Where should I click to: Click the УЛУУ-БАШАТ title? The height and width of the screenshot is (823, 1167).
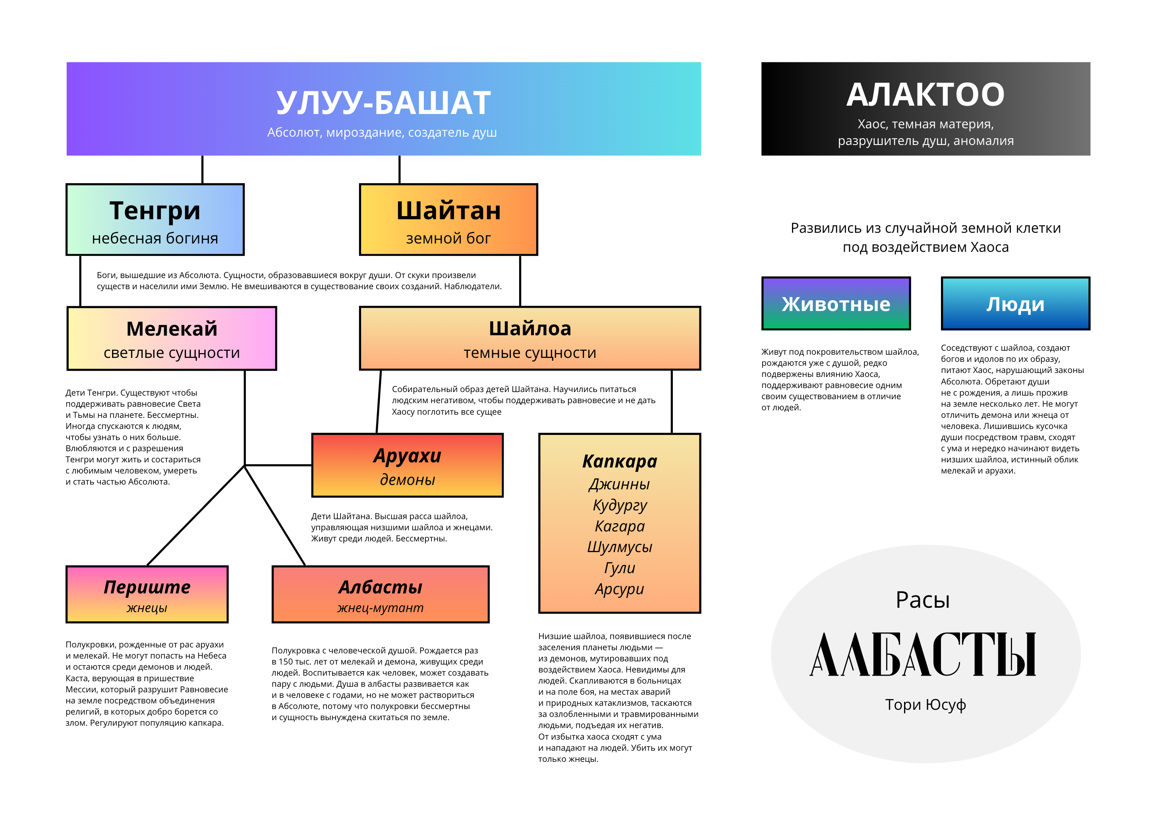[x=383, y=103]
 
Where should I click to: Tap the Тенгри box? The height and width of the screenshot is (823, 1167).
[x=155, y=220]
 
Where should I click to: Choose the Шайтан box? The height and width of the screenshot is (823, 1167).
[x=448, y=220]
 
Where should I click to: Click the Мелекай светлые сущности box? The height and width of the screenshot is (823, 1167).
[x=172, y=338]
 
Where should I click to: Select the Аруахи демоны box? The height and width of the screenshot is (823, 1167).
[x=407, y=465]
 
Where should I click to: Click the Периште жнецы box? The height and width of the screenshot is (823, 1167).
[x=147, y=594]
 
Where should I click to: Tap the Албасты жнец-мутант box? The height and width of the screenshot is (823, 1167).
[x=380, y=594]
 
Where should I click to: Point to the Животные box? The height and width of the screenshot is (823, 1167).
[x=836, y=303]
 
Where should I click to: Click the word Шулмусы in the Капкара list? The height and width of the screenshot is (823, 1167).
[x=619, y=547]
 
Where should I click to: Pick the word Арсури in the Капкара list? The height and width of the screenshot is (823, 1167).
[x=619, y=589]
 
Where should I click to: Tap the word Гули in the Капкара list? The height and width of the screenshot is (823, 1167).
[x=619, y=568]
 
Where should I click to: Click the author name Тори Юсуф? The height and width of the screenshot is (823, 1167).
[x=925, y=705]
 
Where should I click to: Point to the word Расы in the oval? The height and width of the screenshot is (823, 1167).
[x=923, y=600]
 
